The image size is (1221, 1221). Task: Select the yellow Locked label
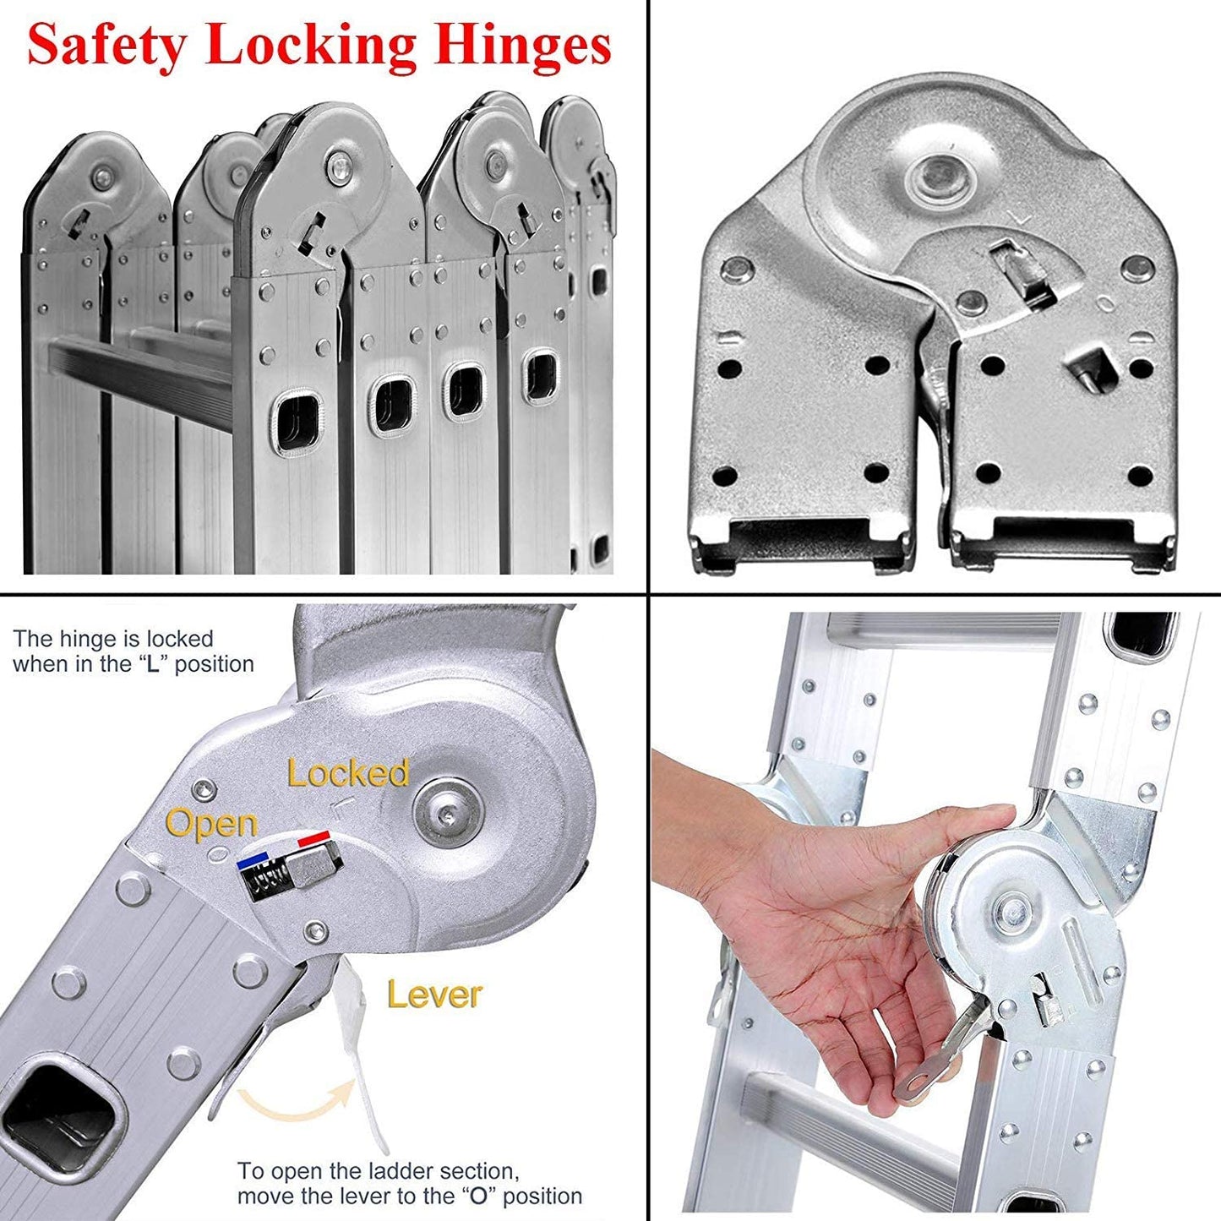click(348, 773)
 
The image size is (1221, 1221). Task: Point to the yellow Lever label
click(434, 995)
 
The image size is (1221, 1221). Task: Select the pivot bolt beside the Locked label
click(447, 817)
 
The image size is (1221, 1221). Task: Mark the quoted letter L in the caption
click(153, 665)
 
